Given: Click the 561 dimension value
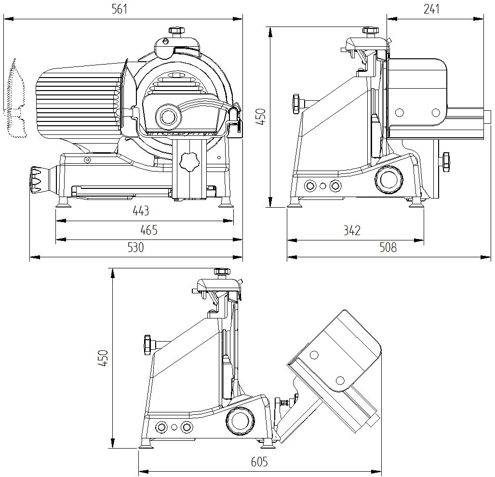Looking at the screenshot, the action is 120,10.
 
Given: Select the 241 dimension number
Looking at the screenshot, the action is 431,10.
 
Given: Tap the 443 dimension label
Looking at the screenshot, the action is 141,211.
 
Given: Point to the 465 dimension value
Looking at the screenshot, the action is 148,230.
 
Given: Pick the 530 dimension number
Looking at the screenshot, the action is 136,248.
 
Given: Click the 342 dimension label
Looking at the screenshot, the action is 352,231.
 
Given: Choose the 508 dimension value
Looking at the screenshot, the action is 388,248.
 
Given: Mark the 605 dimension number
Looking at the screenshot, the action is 259,463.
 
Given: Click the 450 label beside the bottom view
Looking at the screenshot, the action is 104,358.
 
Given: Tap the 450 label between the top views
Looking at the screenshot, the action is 261,117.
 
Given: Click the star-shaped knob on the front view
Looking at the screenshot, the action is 189,162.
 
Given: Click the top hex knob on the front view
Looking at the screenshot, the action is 177,31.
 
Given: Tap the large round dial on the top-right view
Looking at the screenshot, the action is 389,179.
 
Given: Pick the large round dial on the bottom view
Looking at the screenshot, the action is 240,421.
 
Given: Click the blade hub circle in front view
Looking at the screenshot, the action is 169,116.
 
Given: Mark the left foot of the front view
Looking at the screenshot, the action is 64,203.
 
